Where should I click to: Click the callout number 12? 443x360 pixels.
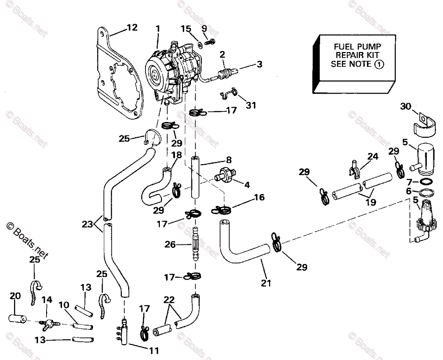point(132,28)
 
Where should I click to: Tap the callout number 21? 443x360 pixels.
point(265,283)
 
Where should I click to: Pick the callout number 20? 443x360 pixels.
point(16,296)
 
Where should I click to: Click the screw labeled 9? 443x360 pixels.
point(212,42)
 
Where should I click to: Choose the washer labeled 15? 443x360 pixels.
point(199,45)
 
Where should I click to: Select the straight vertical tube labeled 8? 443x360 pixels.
point(195,177)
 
